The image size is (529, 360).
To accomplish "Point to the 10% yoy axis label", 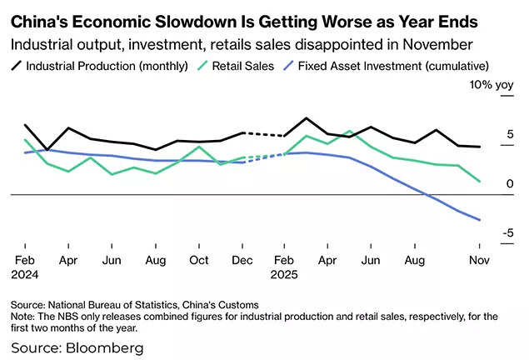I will pos(492,85).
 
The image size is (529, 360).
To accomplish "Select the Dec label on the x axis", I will pos(242,260).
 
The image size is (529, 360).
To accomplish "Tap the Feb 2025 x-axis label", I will pos(285,267).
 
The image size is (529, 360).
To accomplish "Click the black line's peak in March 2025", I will pos(307,118).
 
